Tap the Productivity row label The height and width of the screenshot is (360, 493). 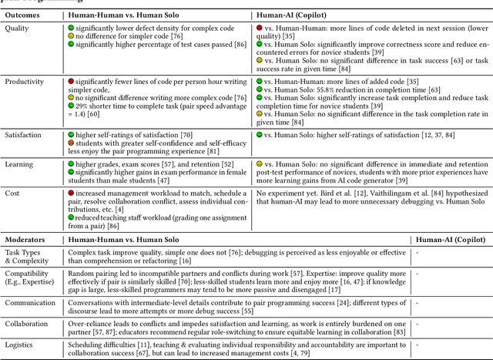coord(25,81)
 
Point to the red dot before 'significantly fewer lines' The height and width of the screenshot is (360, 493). coord(71,81)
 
